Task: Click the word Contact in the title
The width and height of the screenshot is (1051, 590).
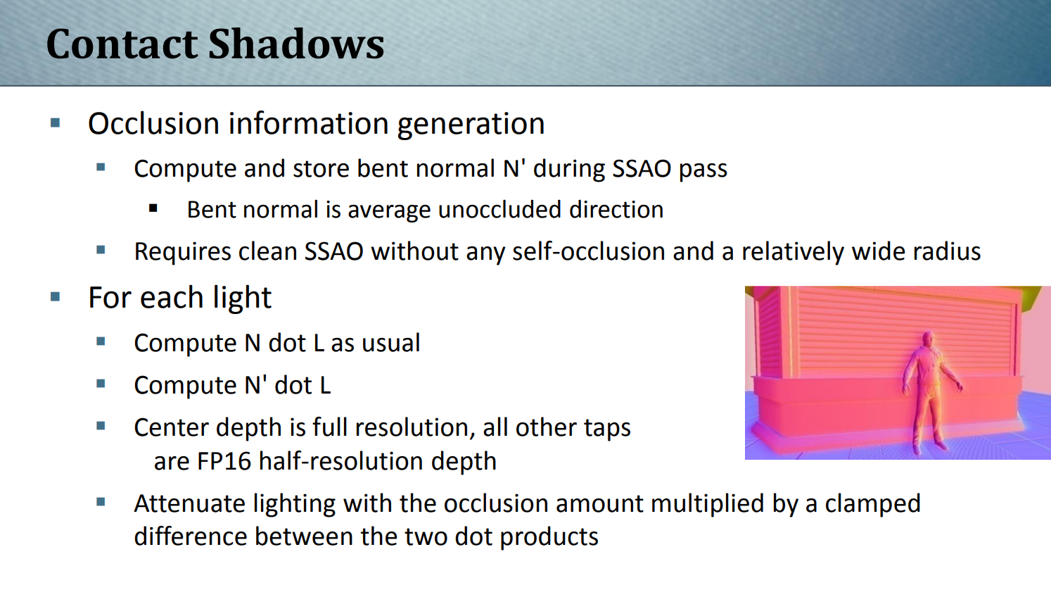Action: (122, 44)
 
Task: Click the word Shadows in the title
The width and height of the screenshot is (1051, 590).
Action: (296, 44)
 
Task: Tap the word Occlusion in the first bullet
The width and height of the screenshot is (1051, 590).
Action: (154, 123)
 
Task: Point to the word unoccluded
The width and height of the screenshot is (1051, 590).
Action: (499, 210)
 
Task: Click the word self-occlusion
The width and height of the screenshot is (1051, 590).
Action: (589, 251)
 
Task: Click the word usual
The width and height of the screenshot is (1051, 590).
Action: (391, 343)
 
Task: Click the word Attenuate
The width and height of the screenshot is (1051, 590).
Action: (189, 503)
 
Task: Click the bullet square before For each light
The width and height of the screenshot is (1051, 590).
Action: (56, 297)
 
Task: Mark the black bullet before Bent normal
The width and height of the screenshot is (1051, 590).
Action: (153, 208)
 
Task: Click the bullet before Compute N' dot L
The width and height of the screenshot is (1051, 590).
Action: (101, 384)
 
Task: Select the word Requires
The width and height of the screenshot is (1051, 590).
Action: (182, 253)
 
